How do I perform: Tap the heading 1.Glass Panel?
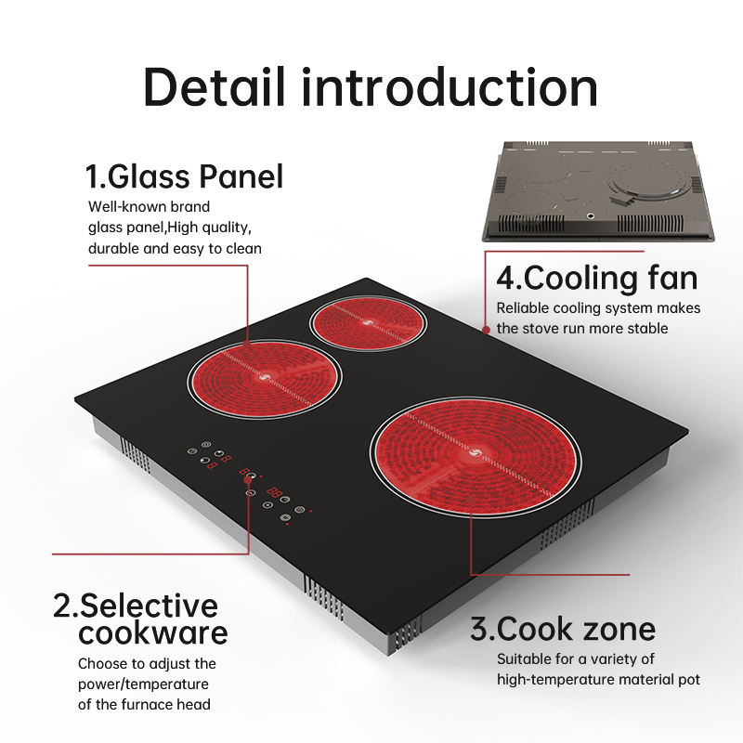[184, 176]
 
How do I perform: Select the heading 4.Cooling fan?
[596, 278]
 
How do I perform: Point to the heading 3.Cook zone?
[563, 629]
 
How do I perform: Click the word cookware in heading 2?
[153, 633]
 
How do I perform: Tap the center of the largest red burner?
[476, 455]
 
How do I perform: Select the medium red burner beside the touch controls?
[266, 378]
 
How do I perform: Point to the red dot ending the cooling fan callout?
[486, 329]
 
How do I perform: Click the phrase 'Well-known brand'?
[149, 206]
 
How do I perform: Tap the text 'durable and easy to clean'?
[175, 248]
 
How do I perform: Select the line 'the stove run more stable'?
[582, 328]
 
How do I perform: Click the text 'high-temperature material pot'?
[598, 680]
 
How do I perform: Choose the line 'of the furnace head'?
[144, 704]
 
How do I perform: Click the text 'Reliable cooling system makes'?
[598, 307]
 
